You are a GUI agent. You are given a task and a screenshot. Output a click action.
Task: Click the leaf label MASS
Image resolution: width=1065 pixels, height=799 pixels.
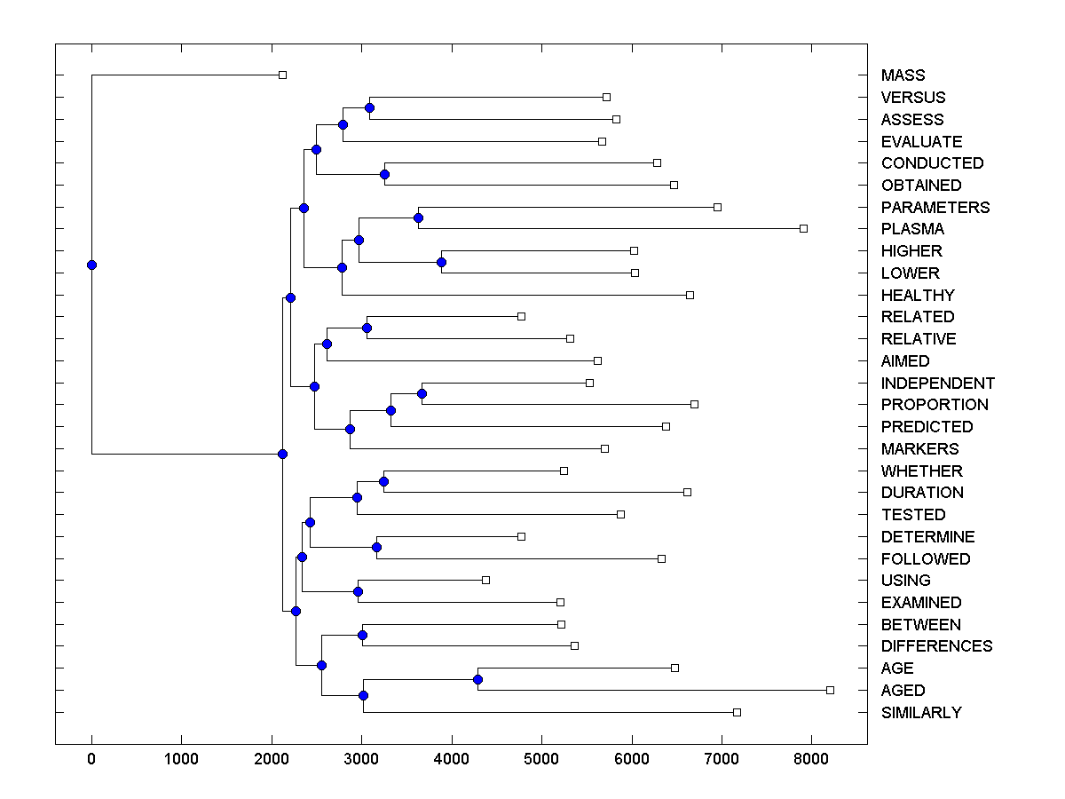pos(903,75)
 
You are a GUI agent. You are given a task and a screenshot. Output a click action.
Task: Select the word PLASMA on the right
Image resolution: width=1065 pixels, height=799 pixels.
pos(912,229)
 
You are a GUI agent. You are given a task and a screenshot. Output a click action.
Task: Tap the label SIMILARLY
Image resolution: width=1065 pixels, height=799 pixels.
pos(921,713)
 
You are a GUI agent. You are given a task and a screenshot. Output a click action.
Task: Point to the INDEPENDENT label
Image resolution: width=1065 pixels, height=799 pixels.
pos(937,384)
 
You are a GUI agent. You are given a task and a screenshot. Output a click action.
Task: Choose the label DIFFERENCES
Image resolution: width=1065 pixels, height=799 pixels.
pos(936,646)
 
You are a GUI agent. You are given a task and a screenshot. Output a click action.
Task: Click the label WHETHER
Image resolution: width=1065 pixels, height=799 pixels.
pos(921,471)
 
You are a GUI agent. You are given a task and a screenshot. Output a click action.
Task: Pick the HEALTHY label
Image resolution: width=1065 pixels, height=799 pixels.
pos(918,296)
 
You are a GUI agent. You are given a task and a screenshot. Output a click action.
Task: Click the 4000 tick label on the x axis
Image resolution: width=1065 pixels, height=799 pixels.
pos(451,759)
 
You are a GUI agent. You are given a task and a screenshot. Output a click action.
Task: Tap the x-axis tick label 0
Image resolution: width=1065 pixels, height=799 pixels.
pos(91,759)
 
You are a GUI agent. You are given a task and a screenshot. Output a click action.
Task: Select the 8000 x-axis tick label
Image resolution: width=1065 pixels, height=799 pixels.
pos(811,759)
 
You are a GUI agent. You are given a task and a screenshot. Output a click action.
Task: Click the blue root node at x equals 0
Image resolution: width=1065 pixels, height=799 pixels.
pos(91,265)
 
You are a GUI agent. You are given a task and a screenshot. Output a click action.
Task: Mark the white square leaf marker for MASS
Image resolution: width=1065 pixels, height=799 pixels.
pos(282,75)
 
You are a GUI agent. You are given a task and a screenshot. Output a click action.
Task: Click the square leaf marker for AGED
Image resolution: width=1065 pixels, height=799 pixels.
pos(830,690)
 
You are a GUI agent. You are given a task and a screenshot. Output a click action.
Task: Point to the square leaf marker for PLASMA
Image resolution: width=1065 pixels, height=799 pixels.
pos(803,228)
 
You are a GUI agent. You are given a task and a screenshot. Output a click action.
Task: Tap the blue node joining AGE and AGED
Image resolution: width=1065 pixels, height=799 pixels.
pos(477,679)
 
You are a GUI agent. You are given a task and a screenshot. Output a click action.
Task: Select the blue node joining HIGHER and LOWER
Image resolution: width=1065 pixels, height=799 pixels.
pos(441,262)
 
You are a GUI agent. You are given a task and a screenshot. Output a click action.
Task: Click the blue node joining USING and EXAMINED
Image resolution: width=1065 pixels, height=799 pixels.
pos(358,591)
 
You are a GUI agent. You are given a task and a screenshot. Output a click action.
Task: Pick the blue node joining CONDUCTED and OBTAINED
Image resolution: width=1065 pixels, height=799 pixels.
pos(384,174)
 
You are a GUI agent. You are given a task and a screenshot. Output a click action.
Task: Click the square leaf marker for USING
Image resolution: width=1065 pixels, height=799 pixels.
pos(485,580)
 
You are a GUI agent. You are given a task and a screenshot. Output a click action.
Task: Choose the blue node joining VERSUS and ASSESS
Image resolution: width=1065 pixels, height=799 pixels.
pos(369,107)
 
